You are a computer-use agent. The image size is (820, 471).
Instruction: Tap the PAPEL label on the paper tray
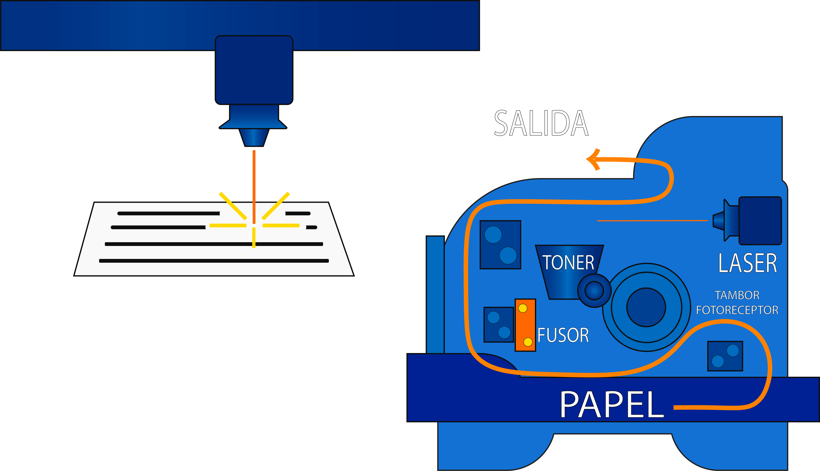(x=612, y=404)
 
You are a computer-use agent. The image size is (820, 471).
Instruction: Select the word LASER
(x=748, y=263)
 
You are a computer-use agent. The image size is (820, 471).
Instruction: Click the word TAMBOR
(x=737, y=295)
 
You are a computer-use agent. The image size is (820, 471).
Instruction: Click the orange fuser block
(x=525, y=325)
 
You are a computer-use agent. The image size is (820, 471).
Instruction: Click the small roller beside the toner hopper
(x=594, y=290)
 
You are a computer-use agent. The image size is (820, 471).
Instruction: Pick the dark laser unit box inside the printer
(x=760, y=221)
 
